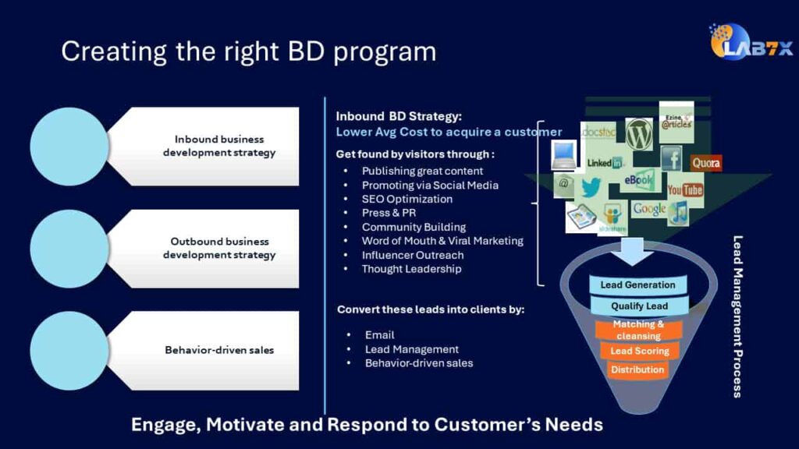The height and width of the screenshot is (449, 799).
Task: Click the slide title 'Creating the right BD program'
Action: [248, 51]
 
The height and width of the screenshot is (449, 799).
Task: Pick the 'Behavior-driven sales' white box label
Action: [218, 350]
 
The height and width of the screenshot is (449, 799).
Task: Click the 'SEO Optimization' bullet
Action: [407, 199]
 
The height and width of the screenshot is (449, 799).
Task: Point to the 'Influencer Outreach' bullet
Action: [412, 255]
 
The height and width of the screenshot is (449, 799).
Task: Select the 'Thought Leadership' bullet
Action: [411, 269]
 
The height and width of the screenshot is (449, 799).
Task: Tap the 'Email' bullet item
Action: [379, 334]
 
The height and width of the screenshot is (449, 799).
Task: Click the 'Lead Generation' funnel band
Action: [638, 285]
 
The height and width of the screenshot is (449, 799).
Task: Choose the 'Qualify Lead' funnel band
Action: [638, 306]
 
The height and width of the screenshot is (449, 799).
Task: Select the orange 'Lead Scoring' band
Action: [639, 351]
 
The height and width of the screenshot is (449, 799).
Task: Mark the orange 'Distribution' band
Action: [637, 369]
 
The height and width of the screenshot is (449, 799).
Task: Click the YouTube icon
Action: [685, 189]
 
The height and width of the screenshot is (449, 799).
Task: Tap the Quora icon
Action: [705, 164]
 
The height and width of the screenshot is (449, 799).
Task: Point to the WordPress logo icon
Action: [639, 133]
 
